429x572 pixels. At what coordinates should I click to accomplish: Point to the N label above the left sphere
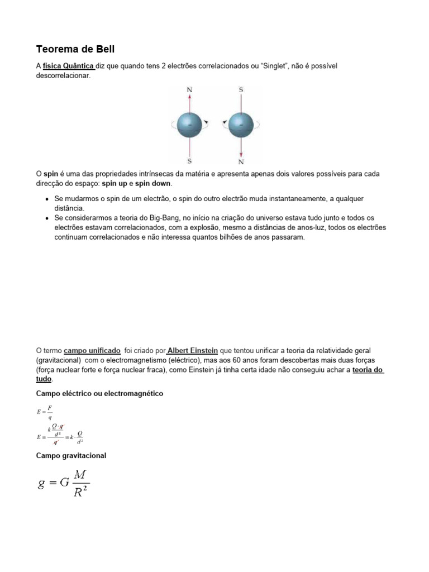(190, 89)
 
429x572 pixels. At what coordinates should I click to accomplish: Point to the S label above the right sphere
(241, 89)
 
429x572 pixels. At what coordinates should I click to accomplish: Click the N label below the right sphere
(241, 162)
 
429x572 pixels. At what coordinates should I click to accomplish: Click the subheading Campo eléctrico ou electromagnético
(99, 394)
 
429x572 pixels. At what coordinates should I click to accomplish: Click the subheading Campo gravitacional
(71, 456)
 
